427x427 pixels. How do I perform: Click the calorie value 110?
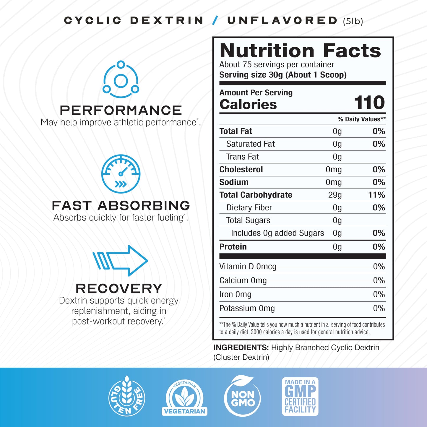(x=369, y=103)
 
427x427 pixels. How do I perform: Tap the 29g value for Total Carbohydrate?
(x=335, y=195)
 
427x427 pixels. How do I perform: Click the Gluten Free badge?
(x=127, y=396)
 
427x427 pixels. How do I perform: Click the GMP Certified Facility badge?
(x=300, y=396)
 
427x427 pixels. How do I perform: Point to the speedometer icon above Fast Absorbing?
(x=121, y=174)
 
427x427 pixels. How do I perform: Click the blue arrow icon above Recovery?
(x=120, y=261)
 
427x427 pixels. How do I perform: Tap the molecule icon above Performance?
(x=121, y=79)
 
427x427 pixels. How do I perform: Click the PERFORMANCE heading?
(x=121, y=111)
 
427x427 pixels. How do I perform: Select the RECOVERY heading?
(x=119, y=288)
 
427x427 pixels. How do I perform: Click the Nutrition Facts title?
(x=300, y=51)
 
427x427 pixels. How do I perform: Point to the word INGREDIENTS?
(x=241, y=348)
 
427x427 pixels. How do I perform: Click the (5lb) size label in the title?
(x=353, y=21)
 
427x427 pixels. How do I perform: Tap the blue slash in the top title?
(x=215, y=20)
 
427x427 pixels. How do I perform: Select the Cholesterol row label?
(x=241, y=170)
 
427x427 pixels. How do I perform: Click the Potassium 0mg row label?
(x=247, y=309)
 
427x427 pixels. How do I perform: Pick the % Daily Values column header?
(x=361, y=119)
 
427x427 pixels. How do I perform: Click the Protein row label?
(x=233, y=247)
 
